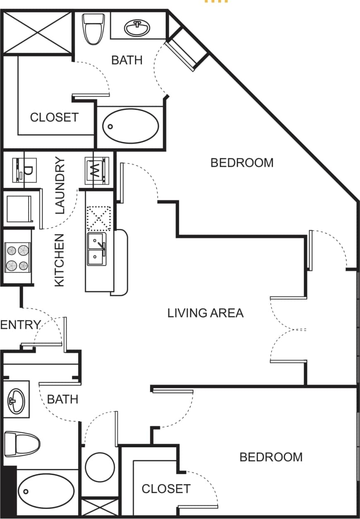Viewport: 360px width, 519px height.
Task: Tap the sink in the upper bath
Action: [x=137, y=29]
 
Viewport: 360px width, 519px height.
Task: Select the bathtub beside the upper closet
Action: [x=130, y=126]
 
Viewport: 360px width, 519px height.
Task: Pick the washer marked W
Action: [x=97, y=170]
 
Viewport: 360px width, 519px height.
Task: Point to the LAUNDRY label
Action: [x=60, y=185]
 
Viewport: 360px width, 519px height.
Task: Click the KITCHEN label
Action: [x=60, y=260]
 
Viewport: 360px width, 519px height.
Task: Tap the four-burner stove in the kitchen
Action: [x=17, y=257]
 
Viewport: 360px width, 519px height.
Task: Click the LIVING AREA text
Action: [x=205, y=313]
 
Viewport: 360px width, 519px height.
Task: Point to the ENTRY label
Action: [x=20, y=325]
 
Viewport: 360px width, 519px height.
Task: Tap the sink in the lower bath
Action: [x=16, y=400]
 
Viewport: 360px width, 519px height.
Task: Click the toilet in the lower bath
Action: [x=22, y=444]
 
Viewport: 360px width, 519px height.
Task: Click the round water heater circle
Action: [x=100, y=467]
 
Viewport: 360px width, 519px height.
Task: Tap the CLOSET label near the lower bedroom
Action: [x=166, y=489]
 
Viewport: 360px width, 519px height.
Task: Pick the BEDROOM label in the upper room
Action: [x=242, y=162]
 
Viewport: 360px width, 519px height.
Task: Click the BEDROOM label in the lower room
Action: [x=271, y=457]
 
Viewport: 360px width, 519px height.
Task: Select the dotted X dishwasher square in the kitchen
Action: [x=99, y=218]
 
